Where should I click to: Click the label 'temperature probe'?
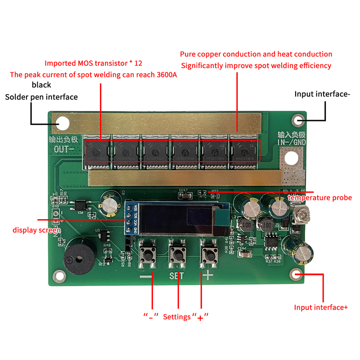pyautogui.click(x=319, y=198)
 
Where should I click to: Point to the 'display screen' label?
pyautogui.click(x=36, y=230)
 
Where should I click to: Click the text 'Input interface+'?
pyautogui.click(x=321, y=307)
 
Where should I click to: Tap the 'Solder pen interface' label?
pyautogui.click(x=41, y=97)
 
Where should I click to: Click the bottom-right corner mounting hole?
pyautogui.click(x=297, y=274)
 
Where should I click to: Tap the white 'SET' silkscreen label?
pyautogui.click(x=177, y=276)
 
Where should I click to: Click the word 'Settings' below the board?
pyautogui.click(x=177, y=317)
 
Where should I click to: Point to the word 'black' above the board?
pyautogui.click(x=41, y=85)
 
